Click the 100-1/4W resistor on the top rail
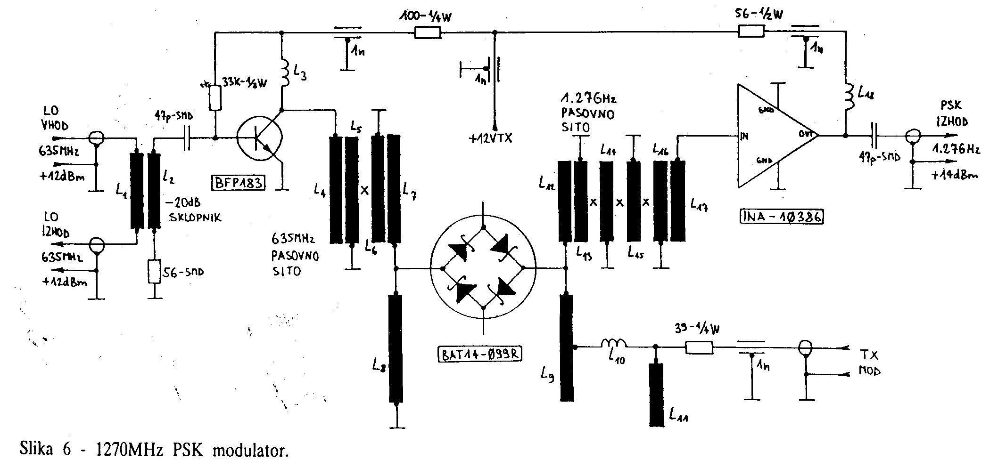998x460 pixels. (x=428, y=32)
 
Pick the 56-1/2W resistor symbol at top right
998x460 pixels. (x=751, y=32)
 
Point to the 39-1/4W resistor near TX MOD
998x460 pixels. (x=699, y=348)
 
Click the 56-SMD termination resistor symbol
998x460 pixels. (x=155, y=271)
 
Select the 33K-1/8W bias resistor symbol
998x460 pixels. (x=215, y=98)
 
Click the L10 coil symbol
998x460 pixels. (x=613, y=344)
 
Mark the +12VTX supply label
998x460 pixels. (x=490, y=138)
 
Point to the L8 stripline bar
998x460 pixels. (x=396, y=348)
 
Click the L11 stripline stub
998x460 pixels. (x=655, y=395)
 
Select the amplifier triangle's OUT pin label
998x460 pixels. (x=805, y=133)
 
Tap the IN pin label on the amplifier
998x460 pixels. (x=745, y=137)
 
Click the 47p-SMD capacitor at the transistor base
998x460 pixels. (x=185, y=138)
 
